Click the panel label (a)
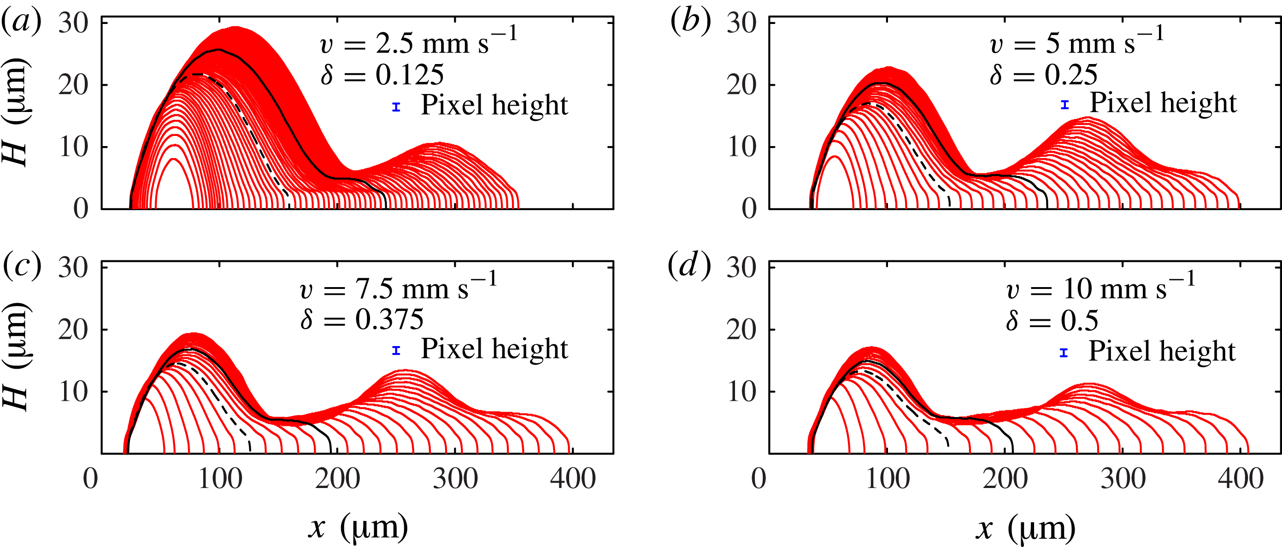click(21, 23)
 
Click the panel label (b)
click(690, 23)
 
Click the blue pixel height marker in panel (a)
click(396, 107)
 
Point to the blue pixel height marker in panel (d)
click(1064, 353)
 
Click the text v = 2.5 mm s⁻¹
click(418, 42)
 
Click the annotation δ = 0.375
click(362, 319)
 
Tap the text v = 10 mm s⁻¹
click(1100, 288)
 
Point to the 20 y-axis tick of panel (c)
click(73, 329)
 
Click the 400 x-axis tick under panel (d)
click(1240, 479)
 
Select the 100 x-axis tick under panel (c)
click(219, 479)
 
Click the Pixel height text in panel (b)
click(1163, 104)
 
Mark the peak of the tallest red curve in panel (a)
click(234, 27)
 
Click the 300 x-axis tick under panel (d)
click(1123, 479)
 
